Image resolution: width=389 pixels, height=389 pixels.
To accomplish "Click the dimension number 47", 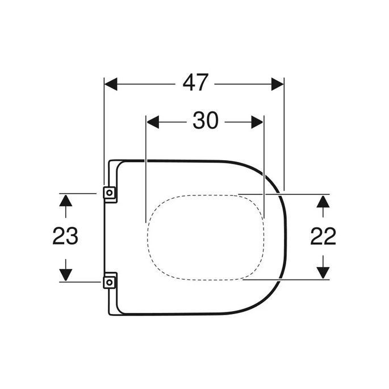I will coord(195,84).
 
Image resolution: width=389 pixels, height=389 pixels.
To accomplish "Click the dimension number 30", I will coord(205,121).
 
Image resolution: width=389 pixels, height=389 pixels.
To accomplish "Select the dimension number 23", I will coord(65,236).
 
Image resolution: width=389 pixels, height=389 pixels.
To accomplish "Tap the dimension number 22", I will coord(323,236).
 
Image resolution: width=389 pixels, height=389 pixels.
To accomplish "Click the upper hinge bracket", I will coord(110,193).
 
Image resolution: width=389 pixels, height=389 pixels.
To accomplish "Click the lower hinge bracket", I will coord(110,281).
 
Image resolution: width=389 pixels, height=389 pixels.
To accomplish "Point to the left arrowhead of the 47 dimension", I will coord(110,84).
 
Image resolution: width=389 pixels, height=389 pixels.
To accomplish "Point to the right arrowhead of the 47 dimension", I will coord(278,84).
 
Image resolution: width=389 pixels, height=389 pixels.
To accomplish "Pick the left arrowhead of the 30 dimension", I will coord(152,122).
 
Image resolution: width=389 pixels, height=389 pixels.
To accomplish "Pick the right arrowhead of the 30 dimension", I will coord(258,122).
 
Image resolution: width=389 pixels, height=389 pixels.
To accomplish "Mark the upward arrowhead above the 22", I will coord(323,200).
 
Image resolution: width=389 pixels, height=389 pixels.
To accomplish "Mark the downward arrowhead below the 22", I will coord(323,273).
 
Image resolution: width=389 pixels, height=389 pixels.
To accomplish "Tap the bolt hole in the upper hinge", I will coord(110,194).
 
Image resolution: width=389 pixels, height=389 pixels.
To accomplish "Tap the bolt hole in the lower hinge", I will coord(110,281).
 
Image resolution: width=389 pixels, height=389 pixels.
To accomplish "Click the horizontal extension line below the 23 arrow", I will coord(80,282).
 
